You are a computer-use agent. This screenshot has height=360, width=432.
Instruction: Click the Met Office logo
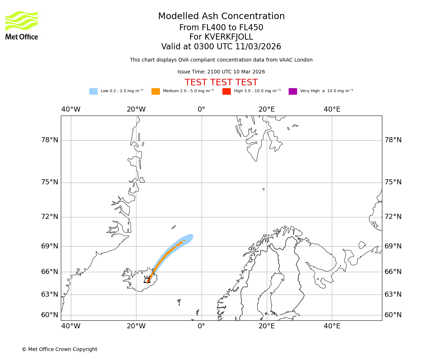[21, 25]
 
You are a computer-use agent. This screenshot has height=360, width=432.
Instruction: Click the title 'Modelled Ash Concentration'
[221, 17]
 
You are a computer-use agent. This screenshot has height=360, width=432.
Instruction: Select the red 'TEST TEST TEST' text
[221, 83]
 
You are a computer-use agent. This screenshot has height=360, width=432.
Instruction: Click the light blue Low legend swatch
[93, 91]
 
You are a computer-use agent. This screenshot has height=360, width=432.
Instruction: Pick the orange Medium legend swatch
[156, 91]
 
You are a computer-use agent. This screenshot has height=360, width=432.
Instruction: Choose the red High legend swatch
[226, 91]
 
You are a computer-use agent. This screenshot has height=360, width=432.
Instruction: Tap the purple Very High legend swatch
[293, 91]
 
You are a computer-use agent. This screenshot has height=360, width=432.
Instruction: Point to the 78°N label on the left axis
[50, 140]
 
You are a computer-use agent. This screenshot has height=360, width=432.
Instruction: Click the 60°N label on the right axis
[393, 315]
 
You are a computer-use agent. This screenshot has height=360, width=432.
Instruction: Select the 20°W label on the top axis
[136, 109]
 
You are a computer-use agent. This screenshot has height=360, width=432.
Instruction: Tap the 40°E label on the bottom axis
[332, 327]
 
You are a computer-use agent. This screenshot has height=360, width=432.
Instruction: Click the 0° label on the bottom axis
[201, 327]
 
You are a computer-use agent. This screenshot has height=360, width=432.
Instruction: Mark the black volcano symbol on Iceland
[147, 280]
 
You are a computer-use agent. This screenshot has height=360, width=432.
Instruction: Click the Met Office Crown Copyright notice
[59, 350]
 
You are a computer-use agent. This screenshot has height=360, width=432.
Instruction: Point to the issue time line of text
[221, 72]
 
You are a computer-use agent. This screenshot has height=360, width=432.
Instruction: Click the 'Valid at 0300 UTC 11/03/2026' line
[221, 47]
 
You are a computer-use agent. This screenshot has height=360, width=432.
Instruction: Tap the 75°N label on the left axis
[50, 182]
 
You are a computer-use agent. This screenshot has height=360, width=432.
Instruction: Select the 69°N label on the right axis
[393, 246]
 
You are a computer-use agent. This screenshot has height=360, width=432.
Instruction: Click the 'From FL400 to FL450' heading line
[221, 28]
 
